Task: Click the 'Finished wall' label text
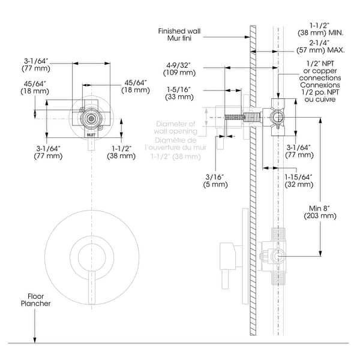(x=181, y=31)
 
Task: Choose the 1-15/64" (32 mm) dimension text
(x=298, y=181)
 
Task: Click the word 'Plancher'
(x=39, y=304)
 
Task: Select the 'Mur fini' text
(x=181, y=38)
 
